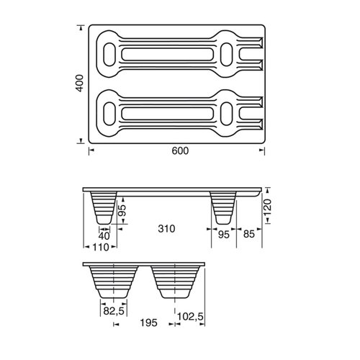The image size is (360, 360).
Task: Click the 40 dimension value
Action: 105,235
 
